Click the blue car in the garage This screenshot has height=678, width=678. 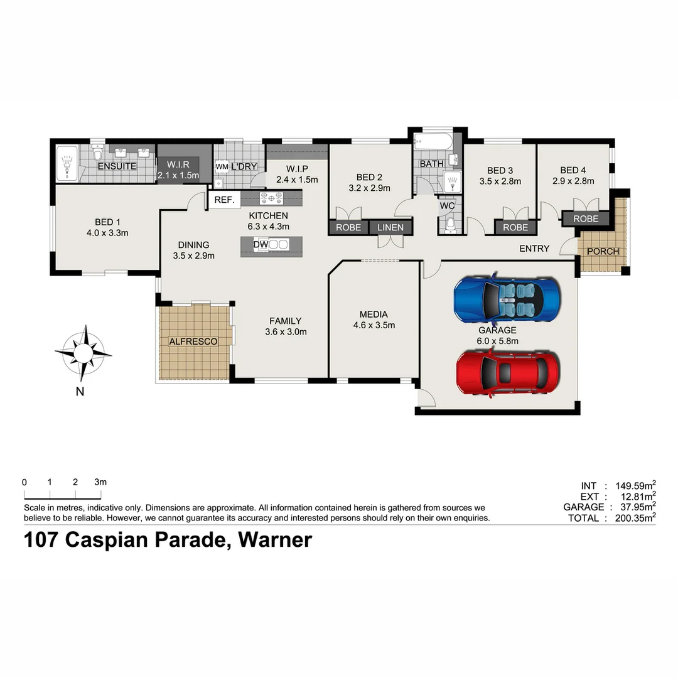tap(507, 300)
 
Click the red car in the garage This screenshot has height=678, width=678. tap(507, 372)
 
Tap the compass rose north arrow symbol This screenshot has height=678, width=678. tap(83, 353)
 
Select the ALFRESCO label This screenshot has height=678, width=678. tap(193, 342)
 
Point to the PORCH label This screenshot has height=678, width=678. tap(603, 251)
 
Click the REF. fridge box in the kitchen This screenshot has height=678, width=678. tap(224, 200)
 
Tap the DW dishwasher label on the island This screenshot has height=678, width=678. tap(261, 244)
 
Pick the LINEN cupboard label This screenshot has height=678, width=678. tap(390, 227)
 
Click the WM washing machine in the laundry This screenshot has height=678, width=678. tap(222, 166)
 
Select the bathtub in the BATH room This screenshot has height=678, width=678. tap(434, 142)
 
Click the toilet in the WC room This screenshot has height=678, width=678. tap(449, 225)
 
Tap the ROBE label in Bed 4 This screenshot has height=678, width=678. tap(585, 219)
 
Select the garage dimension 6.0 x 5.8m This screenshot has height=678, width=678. tap(497, 342)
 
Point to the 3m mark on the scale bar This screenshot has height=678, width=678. tap(100, 482)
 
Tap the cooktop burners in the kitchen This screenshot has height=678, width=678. tap(272, 198)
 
